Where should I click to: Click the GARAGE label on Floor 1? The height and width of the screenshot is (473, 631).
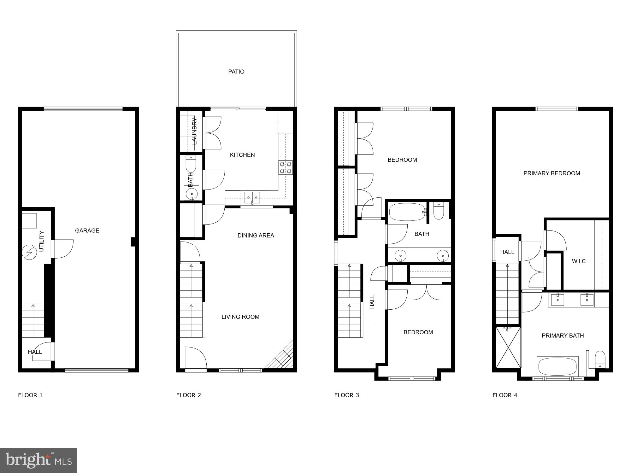pyautogui.click(x=87, y=231)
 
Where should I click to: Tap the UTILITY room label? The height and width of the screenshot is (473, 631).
pyautogui.click(x=42, y=242)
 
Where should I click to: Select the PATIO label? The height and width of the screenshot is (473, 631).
pyautogui.click(x=236, y=72)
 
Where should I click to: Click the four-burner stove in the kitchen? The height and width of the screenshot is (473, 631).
pyautogui.click(x=286, y=168)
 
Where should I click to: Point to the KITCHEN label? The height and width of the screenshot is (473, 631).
pyautogui.click(x=242, y=155)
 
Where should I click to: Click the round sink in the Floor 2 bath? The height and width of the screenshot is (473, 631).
pyautogui.click(x=191, y=193)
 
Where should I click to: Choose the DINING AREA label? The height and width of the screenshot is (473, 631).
pyautogui.click(x=256, y=236)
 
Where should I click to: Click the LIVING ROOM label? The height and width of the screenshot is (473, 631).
pyautogui.click(x=240, y=317)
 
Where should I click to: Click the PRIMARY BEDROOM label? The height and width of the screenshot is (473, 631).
pyautogui.click(x=551, y=173)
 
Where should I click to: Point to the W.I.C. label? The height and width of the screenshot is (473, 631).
pyautogui.click(x=579, y=261)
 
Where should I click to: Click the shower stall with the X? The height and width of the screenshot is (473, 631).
pyautogui.click(x=508, y=347)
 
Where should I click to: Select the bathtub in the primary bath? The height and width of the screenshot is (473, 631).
pyautogui.click(x=557, y=366)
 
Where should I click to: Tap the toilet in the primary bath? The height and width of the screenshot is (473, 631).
pyautogui.click(x=600, y=360)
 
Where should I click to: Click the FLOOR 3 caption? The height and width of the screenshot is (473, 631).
pyautogui.click(x=346, y=395)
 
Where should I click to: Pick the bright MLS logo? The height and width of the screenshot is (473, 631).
pyautogui.click(x=38, y=460)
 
